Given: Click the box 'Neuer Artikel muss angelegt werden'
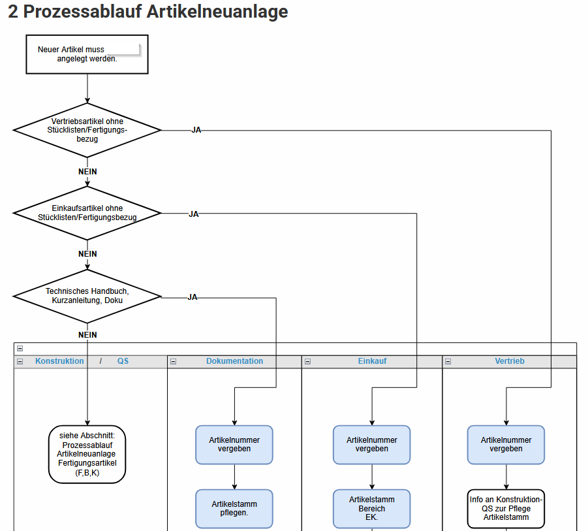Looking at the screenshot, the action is coord(87,54).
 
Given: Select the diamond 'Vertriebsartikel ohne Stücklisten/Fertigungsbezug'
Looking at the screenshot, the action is coord(87,130).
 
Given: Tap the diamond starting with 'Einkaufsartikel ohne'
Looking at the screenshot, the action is coord(87,213).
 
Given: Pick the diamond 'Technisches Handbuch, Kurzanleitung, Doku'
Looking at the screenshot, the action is coord(87,296).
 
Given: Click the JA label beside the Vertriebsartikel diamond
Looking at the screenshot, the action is coord(196,130).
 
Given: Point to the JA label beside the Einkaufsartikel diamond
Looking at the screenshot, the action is coord(194,214).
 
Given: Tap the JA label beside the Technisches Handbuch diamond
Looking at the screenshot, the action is coord(193,297).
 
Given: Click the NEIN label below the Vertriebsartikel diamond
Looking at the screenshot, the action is coord(87,172).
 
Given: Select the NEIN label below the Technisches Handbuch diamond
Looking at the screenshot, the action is coord(87,335).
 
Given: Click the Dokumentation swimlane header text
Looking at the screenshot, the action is coord(235,361).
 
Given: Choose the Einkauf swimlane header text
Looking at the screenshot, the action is coord(372,361).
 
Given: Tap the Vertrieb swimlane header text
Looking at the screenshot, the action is coord(510,361).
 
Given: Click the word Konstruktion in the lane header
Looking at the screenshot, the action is coord(59,361).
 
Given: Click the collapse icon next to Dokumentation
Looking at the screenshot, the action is coord(173,361).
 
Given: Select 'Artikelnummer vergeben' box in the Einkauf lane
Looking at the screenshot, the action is coord(371,445).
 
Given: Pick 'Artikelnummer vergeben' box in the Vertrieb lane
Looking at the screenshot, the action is coord(506,445).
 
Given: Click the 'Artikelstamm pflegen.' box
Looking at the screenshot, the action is coord(234,509).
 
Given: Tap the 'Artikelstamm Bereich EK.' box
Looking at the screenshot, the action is coord(371,509).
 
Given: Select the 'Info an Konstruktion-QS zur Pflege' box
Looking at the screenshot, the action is coord(506,509).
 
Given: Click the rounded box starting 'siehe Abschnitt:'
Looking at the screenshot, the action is coord(87,454).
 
